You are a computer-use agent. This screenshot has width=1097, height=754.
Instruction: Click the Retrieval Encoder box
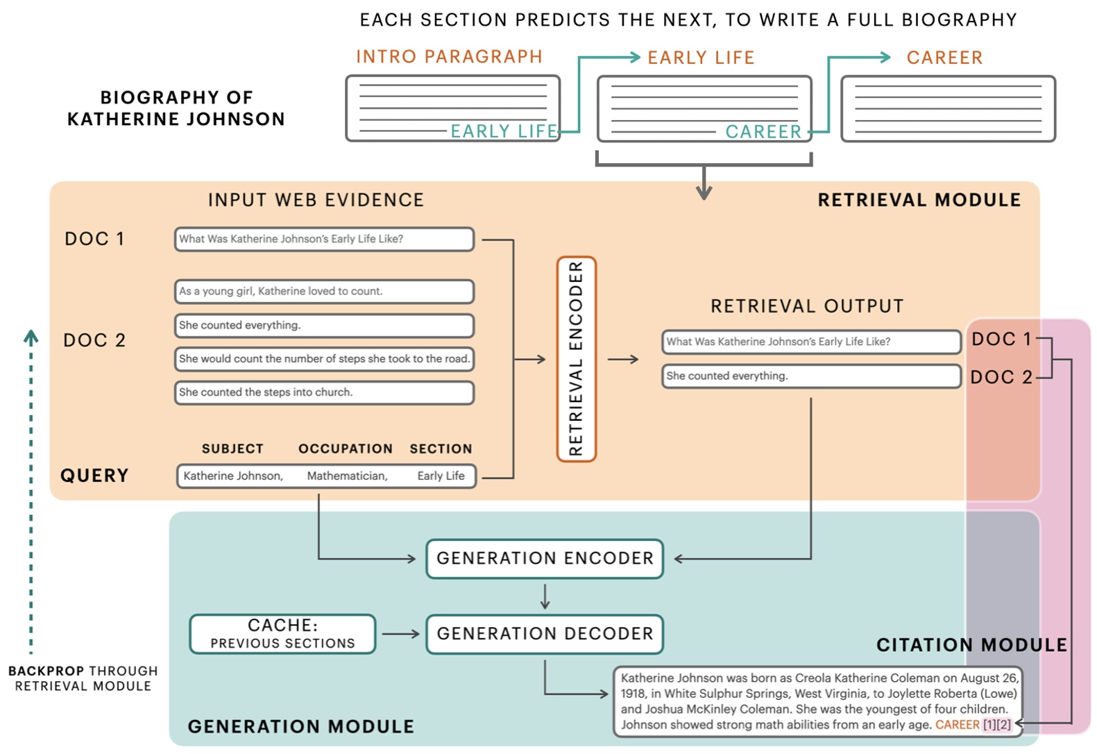576,359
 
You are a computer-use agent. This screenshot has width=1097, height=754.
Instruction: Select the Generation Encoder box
545,558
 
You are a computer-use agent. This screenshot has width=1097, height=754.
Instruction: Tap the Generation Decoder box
545,634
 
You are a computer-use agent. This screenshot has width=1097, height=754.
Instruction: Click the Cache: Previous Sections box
282,634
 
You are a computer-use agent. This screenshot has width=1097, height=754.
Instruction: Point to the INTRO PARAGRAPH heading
449,57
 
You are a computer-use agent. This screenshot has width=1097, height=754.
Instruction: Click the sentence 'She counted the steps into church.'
323,392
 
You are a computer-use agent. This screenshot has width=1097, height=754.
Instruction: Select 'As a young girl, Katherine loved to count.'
323,292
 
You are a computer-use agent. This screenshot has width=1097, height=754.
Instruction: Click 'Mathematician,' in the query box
347,476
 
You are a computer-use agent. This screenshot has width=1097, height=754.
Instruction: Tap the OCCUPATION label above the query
345,449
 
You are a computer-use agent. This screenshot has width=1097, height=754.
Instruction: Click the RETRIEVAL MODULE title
919,201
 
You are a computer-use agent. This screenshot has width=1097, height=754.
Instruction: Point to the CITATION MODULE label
971,645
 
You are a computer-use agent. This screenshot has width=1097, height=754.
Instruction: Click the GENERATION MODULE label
300,727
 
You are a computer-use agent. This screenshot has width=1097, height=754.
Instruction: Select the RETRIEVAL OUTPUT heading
807,306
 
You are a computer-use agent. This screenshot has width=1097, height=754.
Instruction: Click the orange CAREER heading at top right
944,58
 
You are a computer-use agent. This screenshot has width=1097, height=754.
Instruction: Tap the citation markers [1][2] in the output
997,725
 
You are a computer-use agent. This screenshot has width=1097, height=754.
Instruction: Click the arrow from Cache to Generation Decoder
401,634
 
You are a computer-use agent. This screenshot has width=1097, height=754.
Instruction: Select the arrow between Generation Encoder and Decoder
545,596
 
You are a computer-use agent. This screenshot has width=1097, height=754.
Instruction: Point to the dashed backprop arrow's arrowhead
31,337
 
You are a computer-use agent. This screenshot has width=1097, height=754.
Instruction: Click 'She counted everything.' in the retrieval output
810,376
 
